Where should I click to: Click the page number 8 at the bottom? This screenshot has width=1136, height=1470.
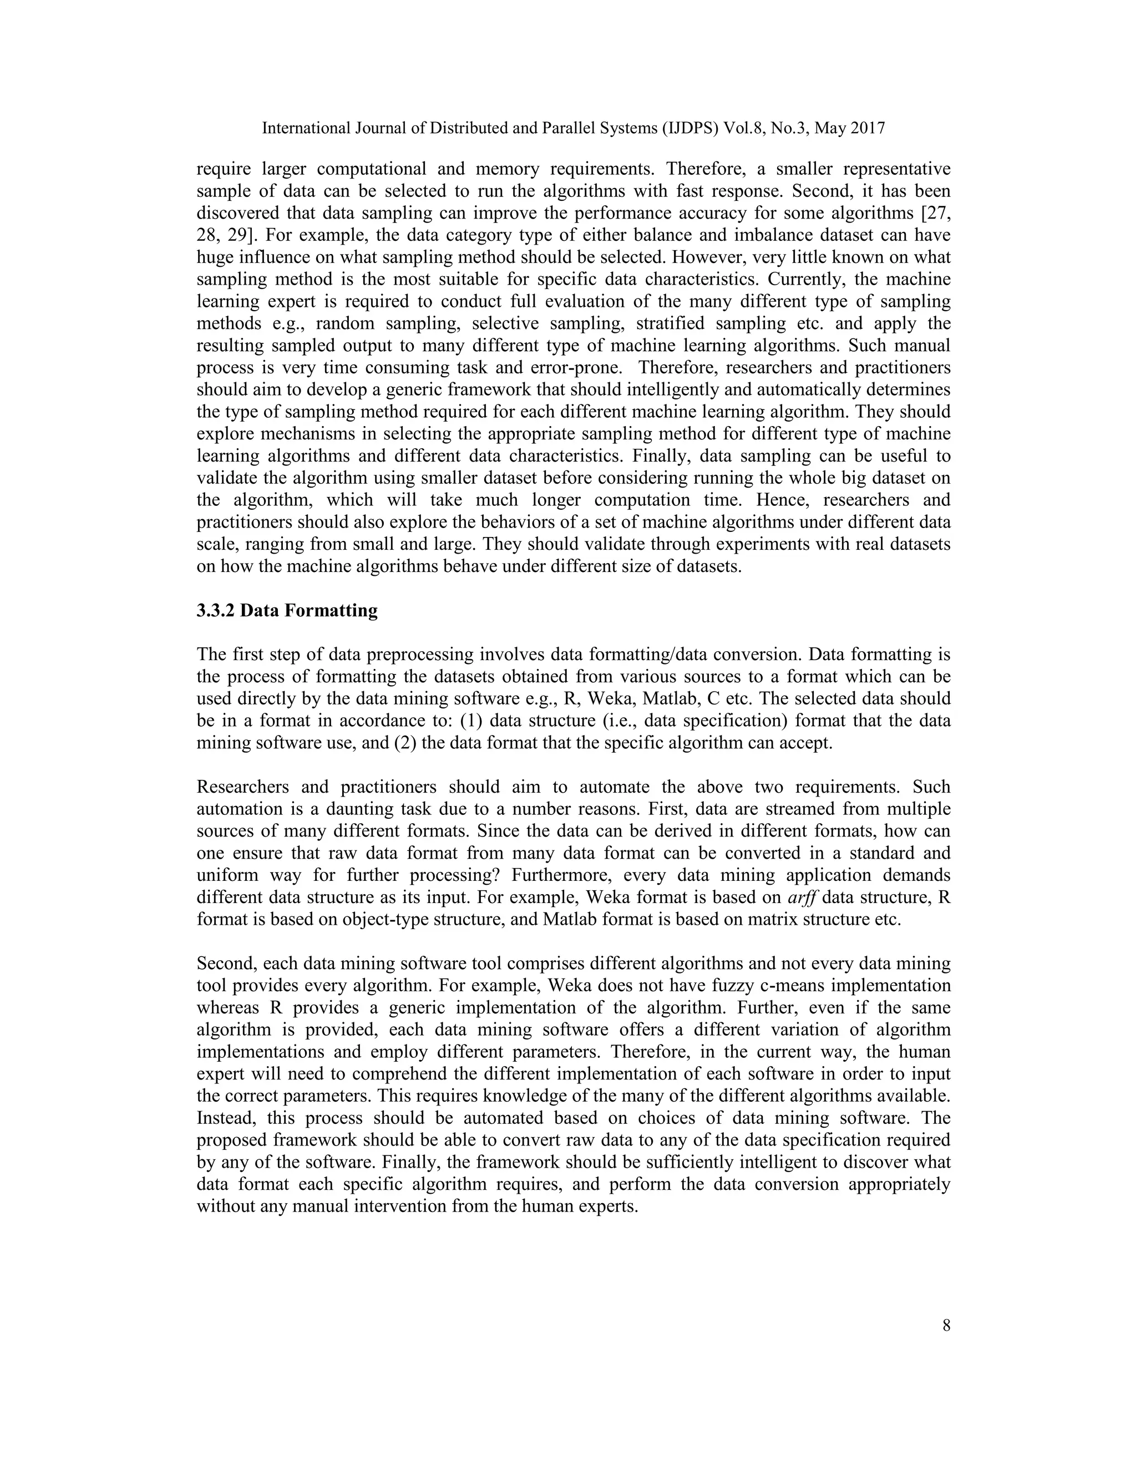coord(946,1326)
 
